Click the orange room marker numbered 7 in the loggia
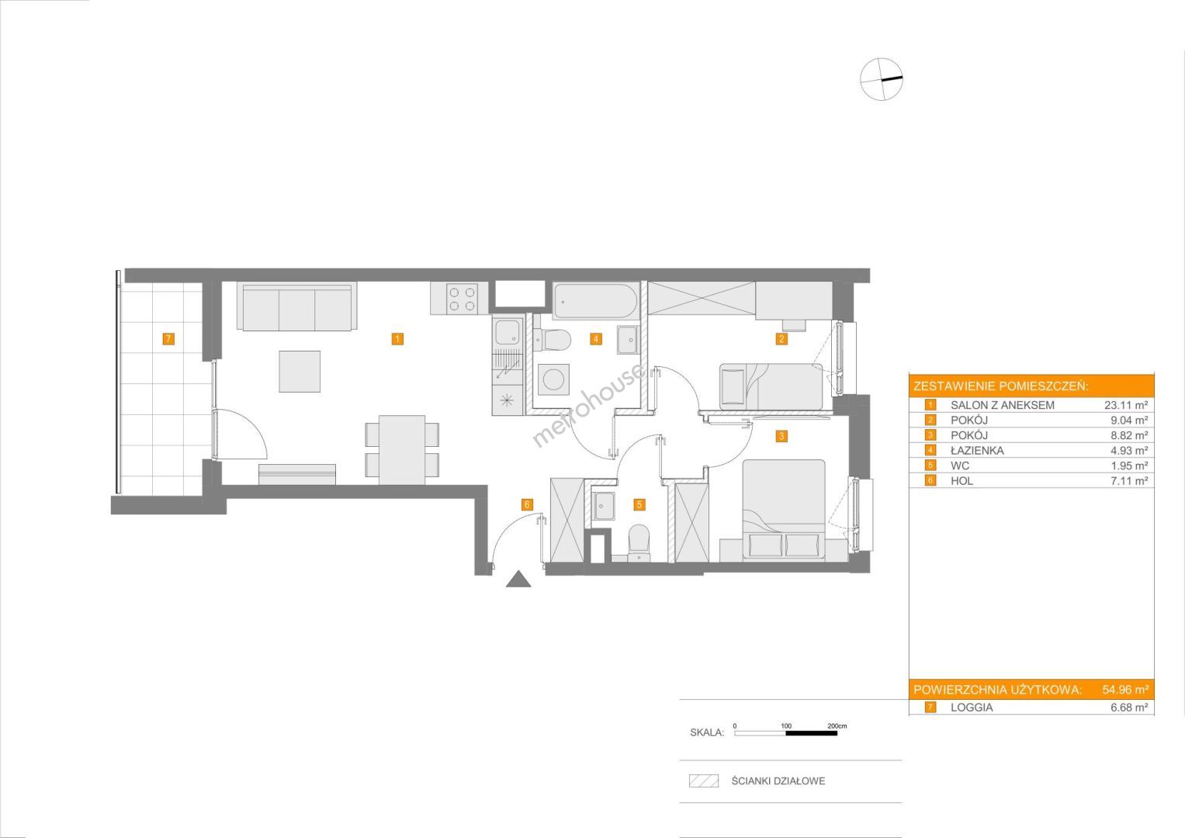[x=168, y=338]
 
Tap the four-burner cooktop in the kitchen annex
[x=462, y=299]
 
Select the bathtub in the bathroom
[x=596, y=301]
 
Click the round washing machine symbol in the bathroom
[x=553, y=379]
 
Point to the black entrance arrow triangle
[x=518, y=580]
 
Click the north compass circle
[x=881, y=79]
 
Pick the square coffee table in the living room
[x=300, y=372]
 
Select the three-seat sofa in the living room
[x=296, y=306]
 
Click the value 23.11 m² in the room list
[x=1126, y=405]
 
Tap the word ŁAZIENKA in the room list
[x=977, y=451]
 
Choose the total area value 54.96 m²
[x=1125, y=690]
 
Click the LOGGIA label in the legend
[x=972, y=708]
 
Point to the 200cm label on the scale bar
[x=837, y=725]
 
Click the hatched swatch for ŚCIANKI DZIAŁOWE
[x=704, y=781]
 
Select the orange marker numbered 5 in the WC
[x=639, y=504]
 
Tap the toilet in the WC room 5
[x=639, y=542]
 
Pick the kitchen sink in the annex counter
[x=508, y=332]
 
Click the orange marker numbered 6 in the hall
[x=527, y=504]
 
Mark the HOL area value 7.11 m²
[x=1128, y=481]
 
